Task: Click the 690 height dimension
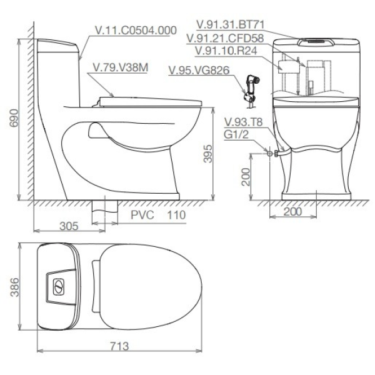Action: click(x=14, y=118)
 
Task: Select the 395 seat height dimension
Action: click(x=207, y=154)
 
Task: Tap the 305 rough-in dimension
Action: click(x=69, y=226)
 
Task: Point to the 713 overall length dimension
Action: click(x=119, y=346)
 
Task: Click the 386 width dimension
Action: click(x=14, y=287)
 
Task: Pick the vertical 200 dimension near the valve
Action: click(x=246, y=177)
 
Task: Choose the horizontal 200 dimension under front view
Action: click(x=292, y=212)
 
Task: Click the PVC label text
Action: click(x=142, y=215)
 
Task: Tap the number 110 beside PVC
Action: click(x=176, y=215)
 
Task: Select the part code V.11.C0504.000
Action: click(x=136, y=31)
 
